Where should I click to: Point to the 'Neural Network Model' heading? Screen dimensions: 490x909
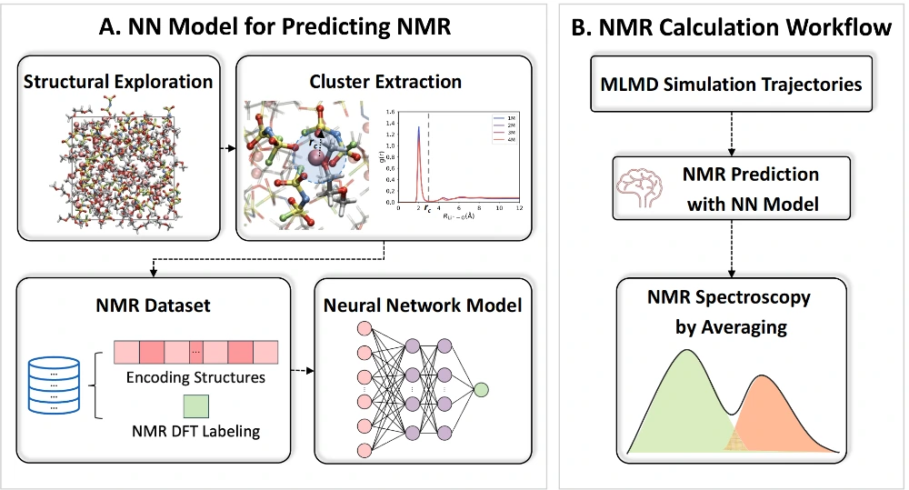tap(423, 305)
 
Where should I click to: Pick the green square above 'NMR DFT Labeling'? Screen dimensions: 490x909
tap(196, 403)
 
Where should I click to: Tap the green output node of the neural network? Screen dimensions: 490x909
tap(481, 390)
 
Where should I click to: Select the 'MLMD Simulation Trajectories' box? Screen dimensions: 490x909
tap(731, 85)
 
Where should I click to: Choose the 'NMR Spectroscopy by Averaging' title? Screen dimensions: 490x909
tap(731, 312)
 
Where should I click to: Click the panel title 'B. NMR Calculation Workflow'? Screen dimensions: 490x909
tap(731, 28)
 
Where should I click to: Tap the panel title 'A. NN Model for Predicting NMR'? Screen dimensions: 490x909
tap(275, 28)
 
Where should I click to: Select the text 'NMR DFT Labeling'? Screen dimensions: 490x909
tap(195, 431)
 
